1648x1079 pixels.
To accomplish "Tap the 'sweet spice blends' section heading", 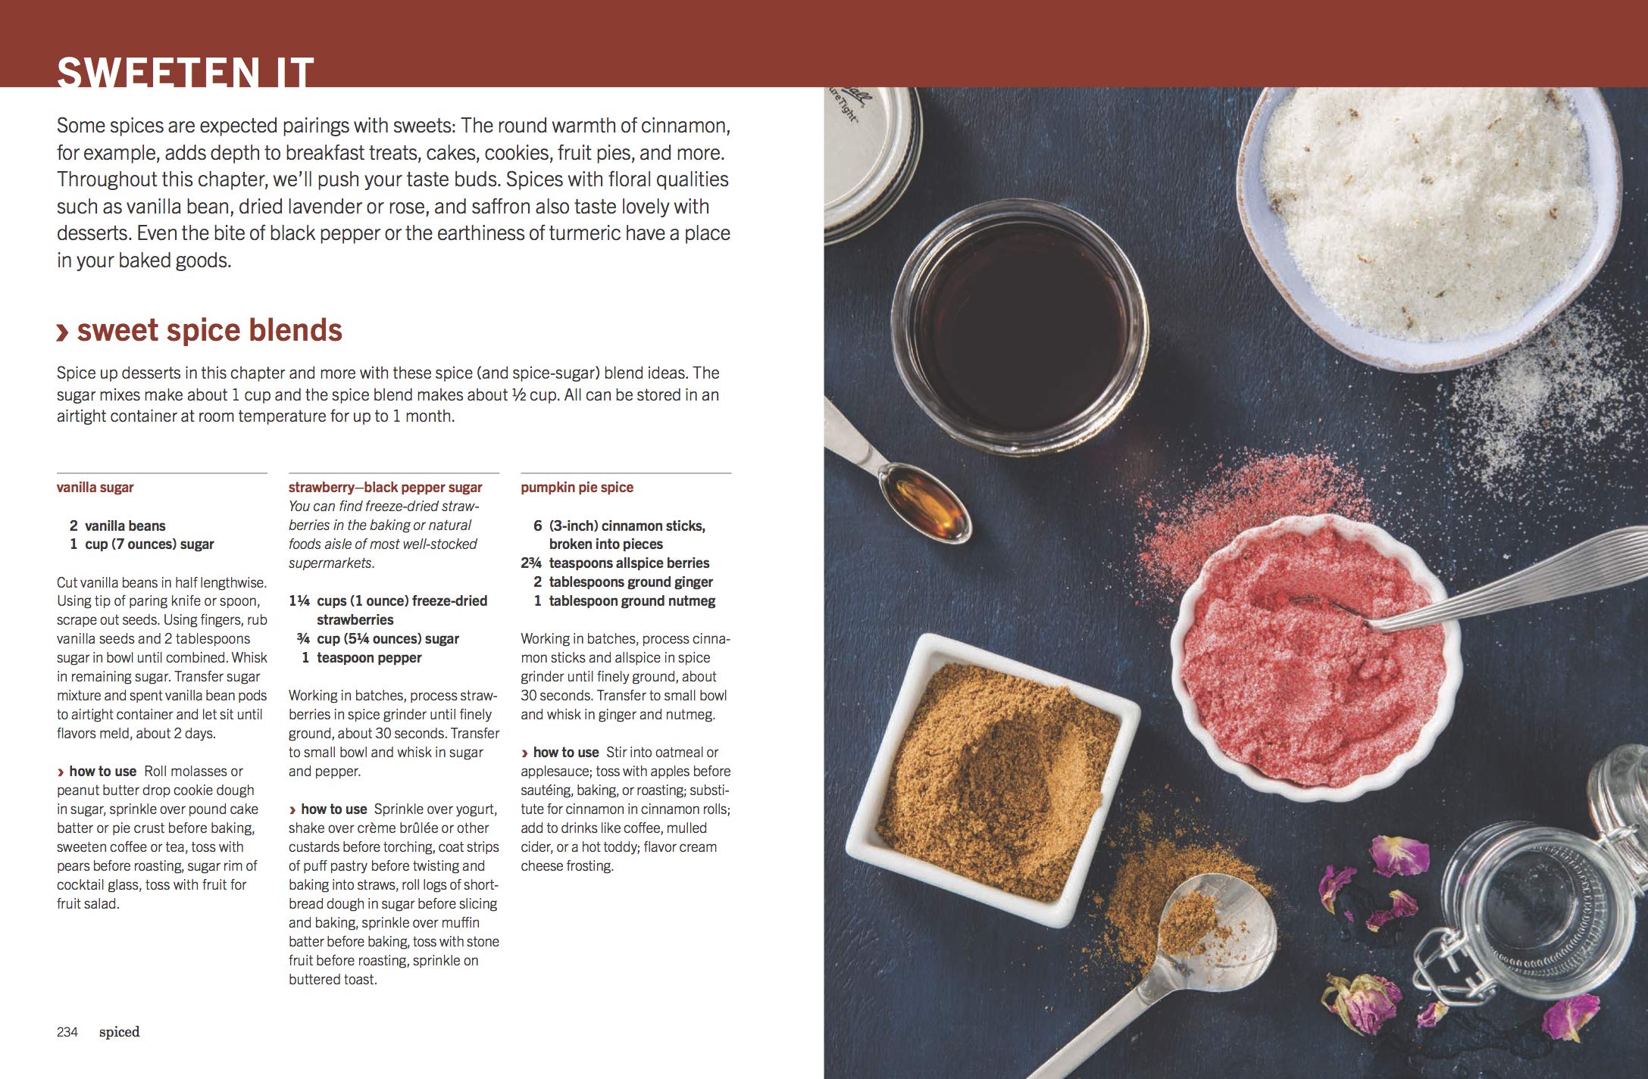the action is pyautogui.click(x=210, y=330).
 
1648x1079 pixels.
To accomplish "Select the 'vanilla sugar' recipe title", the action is pyautogui.click(x=95, y=488).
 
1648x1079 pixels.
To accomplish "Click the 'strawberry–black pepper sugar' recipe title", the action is pyautogui.click(x=386, y=488).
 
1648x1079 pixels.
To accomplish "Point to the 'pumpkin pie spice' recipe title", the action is pyautogui.click(x=577, y=488).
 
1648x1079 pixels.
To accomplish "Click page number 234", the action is pyautogui.click(x=67, y=1031).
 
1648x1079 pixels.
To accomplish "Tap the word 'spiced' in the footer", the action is pyautogui.click(x=119, y=1032).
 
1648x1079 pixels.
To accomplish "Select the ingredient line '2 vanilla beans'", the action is pyautogui.click(x=117, y=525).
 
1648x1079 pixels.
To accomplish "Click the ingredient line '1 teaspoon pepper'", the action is pyautogui.click(x=362, y=657).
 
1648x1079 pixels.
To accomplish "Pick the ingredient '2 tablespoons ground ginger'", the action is pyautogui.click(x=623, y=582).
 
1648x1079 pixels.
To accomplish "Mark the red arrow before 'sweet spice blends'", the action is pyautogui.click(x=64, y=333).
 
